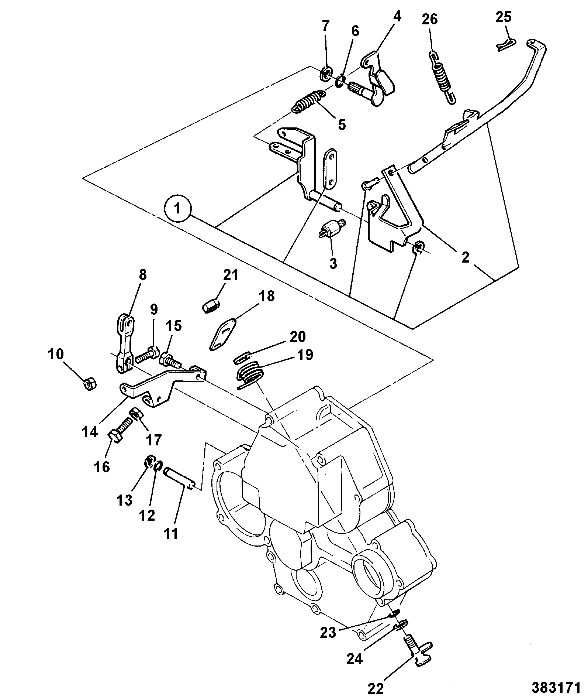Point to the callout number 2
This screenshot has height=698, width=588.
click(x=465, y=257)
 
